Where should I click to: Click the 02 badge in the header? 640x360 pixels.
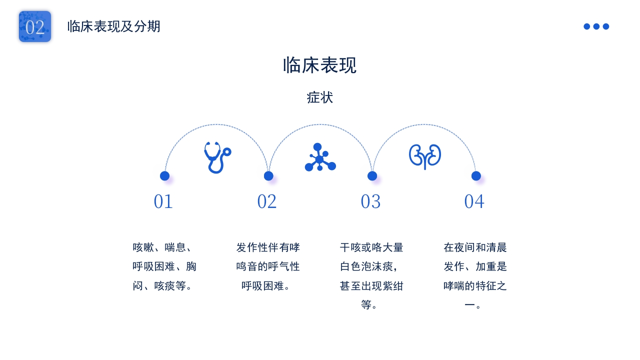[35, 26]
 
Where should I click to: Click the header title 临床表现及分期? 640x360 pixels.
[113, 26]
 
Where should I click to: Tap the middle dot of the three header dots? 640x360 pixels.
[596, 26]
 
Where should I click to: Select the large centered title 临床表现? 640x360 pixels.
[319, 65]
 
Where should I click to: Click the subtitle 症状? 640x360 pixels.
[319, 97]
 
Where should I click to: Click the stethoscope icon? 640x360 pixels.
[217, 157]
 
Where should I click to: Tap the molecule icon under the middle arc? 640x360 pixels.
[320, 157]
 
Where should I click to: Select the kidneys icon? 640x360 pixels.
[425, 156]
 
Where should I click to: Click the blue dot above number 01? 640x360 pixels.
[164, 176]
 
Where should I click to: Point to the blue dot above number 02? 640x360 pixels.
[268, 176]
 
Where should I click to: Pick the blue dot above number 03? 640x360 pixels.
[372, 176]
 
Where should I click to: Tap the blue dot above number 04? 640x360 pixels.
[476, 176]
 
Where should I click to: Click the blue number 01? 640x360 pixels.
[163, 201]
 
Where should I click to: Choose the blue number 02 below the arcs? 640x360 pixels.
[267, 201]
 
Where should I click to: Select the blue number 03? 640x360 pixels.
[370, 201]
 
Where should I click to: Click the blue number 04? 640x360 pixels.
[474, 201]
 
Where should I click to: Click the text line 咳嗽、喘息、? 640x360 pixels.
[162, 247]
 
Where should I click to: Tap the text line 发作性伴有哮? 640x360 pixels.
[268, 247]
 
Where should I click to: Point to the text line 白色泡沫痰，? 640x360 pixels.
[369, 266]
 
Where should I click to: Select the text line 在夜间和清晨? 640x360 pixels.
[475, 247]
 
